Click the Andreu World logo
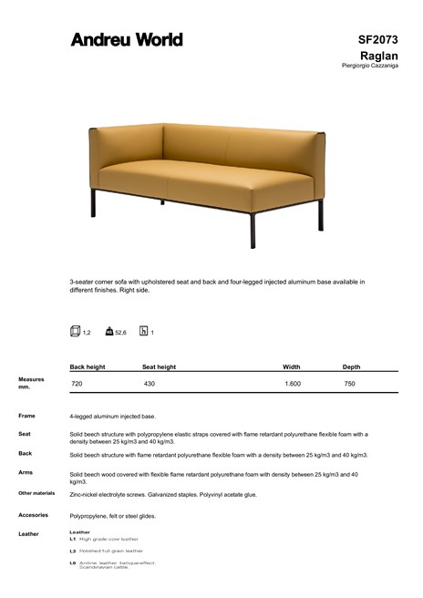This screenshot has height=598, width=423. (127, 39)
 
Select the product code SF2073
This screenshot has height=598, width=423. (378, 39)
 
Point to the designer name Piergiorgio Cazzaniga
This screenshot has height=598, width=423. (369, 66)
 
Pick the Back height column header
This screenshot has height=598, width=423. (88, 366)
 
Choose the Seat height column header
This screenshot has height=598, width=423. (159, 366)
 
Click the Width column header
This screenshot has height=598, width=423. (292, 366)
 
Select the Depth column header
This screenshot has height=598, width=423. (351, 366)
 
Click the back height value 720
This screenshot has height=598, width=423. (77, 385)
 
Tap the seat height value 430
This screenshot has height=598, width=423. (149, 385)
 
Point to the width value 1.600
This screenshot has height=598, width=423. (293, 385)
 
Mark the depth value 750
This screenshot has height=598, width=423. (349, 385)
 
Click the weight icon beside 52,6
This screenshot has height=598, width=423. (109, 332)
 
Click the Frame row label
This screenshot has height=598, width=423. (26, 416)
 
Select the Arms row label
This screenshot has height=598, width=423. (26, 472)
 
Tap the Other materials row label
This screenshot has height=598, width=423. (36, 493)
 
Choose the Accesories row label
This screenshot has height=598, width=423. (33, 515)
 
